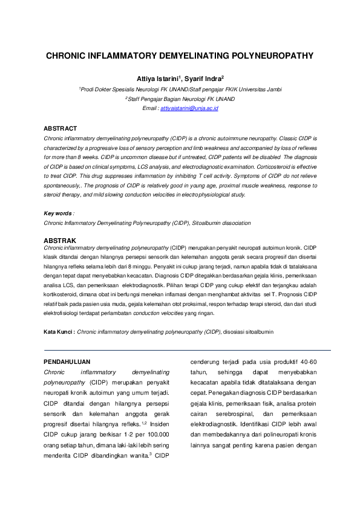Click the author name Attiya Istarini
point(159,79)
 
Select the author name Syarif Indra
point(202,79)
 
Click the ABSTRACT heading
point(61,128)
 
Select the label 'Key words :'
point(59,213)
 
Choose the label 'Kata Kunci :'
point(59,332)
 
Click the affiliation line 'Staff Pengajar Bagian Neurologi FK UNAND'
point(180,99)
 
